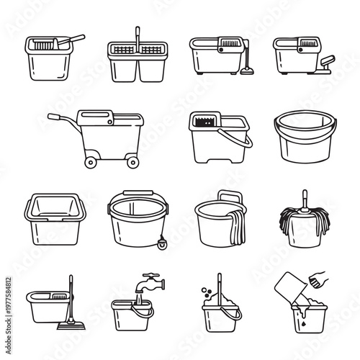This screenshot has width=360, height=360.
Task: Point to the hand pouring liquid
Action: tap(318, 277)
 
